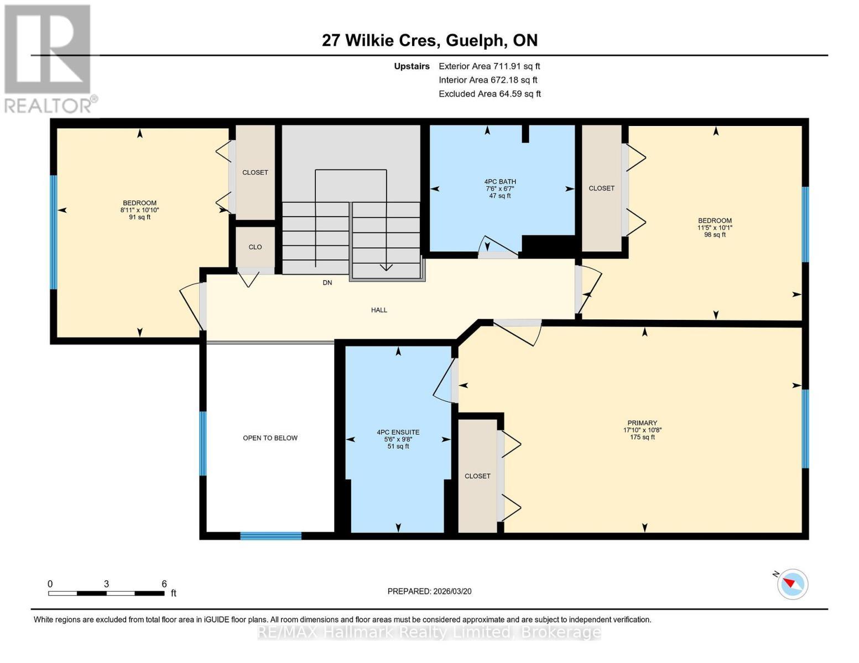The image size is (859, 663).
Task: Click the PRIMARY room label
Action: [x=642, y=423]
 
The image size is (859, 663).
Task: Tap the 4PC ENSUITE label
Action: [x=398, y=432]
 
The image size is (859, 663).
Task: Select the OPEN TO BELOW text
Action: [x=270, y=438]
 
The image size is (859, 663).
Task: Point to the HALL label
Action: [x=379, y=310]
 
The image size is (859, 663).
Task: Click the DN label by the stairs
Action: [x=327, y=283]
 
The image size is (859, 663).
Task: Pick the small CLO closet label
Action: [x=255, y=247]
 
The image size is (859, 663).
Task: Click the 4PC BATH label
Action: [x=500, y=182]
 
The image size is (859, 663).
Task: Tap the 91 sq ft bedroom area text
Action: [x=139, y=217]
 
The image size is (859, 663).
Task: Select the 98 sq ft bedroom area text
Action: [x=715, y=235]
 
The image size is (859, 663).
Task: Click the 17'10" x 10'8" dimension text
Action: [x=642, y=430]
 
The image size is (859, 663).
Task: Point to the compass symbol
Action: [x=792, y=585]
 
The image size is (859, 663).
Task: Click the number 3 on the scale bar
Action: [x=106, y=583]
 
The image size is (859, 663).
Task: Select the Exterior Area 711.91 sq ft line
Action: [x=490, y=66]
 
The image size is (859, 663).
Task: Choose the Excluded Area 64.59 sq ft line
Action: [x=490, y=94]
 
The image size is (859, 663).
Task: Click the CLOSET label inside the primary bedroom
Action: [x=477, y=476]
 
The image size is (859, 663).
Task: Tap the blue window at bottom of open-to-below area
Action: [x=271, y=536]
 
